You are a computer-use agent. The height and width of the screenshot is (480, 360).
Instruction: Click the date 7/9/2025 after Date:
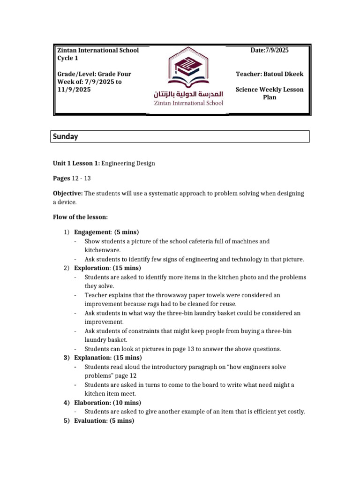[x=277, y=50]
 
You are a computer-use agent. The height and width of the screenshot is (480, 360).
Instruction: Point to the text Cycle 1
[x=67, y=58]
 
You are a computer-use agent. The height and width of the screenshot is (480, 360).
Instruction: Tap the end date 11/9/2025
[x=74, y=90]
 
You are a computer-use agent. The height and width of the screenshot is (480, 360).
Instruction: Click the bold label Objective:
[x=67, y=193]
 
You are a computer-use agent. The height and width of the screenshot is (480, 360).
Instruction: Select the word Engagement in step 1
[x=92, y=232]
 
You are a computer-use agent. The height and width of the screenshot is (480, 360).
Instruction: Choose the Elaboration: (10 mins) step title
[x=107, y=403]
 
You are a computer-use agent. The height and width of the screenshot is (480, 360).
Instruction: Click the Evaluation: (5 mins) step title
[x=104, y=420]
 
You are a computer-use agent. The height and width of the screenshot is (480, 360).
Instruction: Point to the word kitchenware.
[x=102, y=250]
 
